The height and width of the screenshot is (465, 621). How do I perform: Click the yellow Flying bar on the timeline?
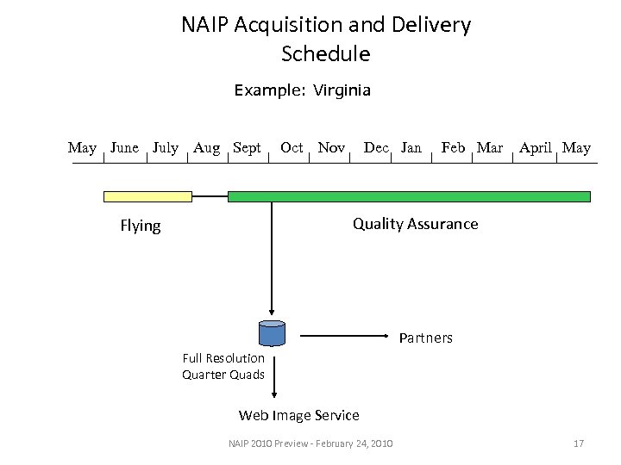point(147,196)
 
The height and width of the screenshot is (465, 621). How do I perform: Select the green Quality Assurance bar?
point(409,196)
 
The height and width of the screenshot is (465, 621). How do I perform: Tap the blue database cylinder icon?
point(272,333)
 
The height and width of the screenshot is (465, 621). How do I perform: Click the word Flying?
point(141,226)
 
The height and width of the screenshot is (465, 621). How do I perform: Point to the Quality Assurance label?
point(415,224)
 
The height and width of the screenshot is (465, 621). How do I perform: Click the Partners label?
point(425,338)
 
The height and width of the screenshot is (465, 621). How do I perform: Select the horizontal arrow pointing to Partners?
point(341,333)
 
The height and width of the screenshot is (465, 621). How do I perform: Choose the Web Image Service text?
point(298,415)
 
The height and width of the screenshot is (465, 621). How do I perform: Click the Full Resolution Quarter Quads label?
point(223,366)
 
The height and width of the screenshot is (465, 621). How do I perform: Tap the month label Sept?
point(247,148)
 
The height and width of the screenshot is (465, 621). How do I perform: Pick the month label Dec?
point(376,148)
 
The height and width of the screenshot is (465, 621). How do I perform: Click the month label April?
point(536,148)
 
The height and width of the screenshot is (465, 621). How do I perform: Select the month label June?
point(125,148)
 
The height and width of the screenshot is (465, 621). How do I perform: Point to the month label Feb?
point(453,148)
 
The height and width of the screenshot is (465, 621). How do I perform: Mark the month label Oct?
point(292,148)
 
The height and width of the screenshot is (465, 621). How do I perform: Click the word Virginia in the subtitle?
point(342,90)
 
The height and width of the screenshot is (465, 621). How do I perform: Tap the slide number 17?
point(579,443)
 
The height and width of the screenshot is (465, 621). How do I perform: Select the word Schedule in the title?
point(326,54)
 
